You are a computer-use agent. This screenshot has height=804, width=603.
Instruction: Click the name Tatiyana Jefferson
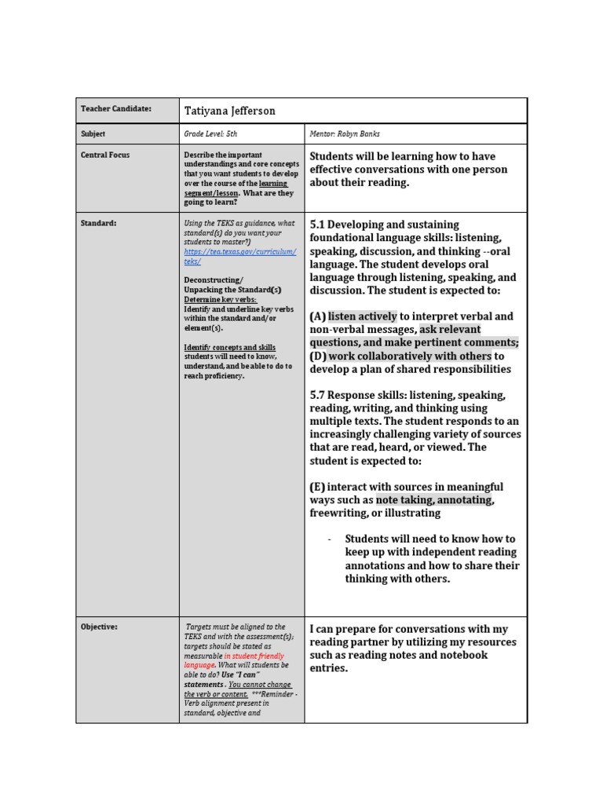point(229,111)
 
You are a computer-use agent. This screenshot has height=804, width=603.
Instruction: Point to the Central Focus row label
point(105,155)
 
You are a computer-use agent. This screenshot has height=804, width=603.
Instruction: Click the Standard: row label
point(99,224)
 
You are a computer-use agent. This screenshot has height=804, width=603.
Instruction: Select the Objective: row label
point(100,627)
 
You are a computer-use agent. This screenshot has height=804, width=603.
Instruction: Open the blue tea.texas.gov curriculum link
point(239,256)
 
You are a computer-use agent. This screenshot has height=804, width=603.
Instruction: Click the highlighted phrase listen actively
point(363,316)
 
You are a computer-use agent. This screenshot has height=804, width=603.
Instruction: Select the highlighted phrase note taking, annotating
point(434,499)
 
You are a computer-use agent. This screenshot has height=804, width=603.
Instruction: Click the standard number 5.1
point(319,225)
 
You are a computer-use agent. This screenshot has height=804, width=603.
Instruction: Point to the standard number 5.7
point(319,395)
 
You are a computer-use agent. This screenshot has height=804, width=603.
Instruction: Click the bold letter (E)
point(318,487)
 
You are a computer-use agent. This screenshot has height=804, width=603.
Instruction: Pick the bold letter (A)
point(318,316)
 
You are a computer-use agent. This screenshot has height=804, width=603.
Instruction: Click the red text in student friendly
point(254,656)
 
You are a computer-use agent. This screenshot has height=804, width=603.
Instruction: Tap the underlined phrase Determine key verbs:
point(220,300)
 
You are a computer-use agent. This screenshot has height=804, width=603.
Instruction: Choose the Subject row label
point(93,134)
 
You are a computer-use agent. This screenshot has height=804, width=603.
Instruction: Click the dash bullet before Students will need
point(329,539)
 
